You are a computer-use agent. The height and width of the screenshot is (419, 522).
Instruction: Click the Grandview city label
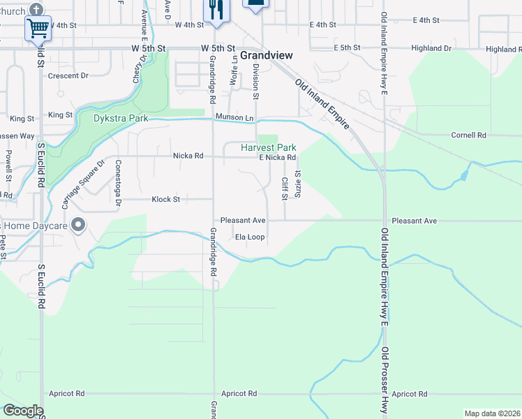267,54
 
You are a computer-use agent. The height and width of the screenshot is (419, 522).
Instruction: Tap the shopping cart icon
38,28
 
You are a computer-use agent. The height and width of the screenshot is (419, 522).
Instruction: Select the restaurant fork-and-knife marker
216,10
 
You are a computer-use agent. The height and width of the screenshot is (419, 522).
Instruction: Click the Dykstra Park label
121,118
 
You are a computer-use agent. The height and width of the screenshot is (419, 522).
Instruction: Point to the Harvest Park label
269,148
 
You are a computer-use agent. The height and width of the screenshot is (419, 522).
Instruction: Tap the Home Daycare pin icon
78,226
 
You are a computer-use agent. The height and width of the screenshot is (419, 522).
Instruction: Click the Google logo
23,411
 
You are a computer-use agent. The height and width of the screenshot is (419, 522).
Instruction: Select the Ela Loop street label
249,237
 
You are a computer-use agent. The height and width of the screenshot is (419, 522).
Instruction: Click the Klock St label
166,199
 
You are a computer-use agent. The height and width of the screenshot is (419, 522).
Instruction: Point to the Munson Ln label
234,117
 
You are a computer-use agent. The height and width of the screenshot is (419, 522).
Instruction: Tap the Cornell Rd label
468,135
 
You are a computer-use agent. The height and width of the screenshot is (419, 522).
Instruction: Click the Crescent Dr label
68,75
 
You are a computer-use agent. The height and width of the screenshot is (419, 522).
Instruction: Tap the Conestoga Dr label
118,184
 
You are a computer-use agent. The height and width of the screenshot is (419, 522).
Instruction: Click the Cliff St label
285,188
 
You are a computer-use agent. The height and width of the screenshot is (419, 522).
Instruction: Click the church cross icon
38,8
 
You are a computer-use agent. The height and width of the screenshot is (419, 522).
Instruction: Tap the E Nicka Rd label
278,158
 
